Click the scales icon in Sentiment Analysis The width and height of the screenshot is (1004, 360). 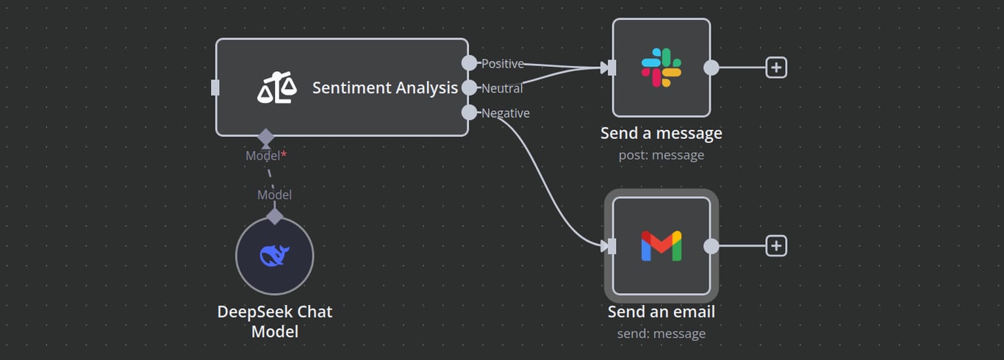click(277, 88)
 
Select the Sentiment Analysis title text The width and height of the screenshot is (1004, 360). click(384, 88)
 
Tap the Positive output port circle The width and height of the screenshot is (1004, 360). click(469, 63)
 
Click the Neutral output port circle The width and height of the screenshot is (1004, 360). click(469, 88)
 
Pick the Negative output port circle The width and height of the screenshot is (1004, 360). click(469, 112)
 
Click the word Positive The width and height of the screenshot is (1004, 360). click(503, 64)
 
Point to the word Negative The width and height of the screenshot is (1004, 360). click(506, 113)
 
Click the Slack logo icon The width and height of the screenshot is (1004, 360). click(661, 68)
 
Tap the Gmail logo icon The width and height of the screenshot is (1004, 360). click(661, 246)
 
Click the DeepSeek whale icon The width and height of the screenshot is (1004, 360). click(275, 256)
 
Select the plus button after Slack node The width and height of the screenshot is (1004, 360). click(776, 68)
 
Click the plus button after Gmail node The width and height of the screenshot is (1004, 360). click(776, 246)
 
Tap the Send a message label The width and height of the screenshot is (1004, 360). click(661, 133)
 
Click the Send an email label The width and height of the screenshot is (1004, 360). click(661, 312)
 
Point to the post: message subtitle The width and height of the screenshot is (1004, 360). click(661, 155)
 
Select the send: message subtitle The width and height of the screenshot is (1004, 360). click(661, 334)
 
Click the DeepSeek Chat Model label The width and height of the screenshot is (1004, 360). click(275, 321)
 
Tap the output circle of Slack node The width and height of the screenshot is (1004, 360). click(711, 68)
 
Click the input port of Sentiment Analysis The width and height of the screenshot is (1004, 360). click(215, 88)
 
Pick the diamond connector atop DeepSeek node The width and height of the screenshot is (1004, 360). click(275, 216)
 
